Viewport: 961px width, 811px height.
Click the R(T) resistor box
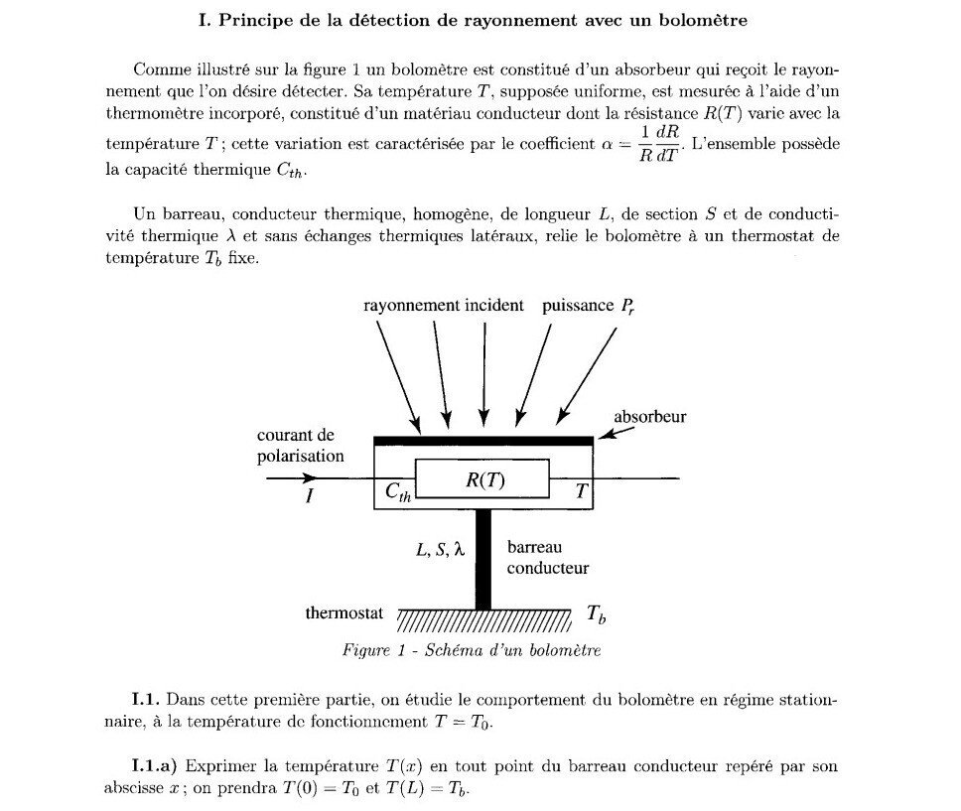(482, 479)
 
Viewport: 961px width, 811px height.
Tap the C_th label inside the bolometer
(397, 491)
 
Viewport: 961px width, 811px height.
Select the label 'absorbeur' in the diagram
(649, 417)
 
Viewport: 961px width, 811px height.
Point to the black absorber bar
(483, 440)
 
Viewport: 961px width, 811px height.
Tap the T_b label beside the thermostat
(596, 615)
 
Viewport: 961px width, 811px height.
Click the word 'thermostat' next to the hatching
(343, 613)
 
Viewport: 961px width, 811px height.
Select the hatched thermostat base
(483, 621)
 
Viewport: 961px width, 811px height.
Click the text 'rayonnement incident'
(443, 306)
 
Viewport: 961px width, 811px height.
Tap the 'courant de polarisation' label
(300, 446)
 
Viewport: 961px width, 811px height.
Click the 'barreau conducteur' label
(547, 557)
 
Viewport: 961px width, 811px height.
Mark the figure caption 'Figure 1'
(471, 651)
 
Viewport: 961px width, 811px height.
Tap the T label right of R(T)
(583, 491)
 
